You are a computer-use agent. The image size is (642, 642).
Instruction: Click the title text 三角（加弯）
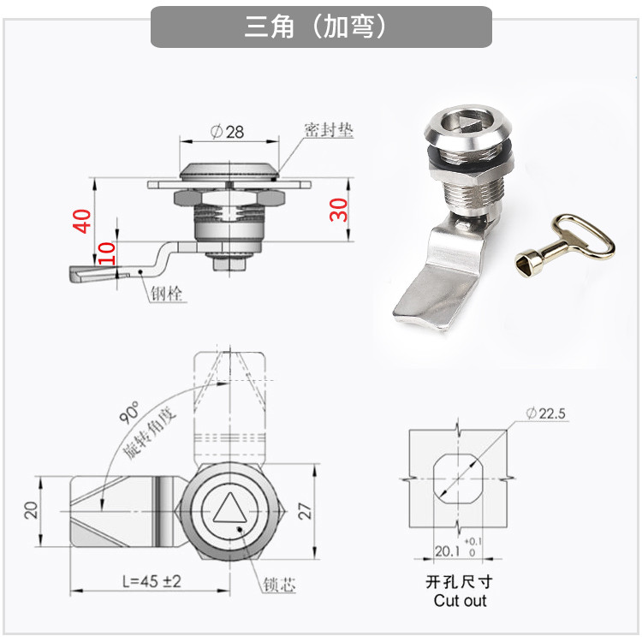click(x=315, y=27)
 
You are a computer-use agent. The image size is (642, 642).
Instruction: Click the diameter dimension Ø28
click(x=227, y=132)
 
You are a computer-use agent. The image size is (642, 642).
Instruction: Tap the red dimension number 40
click(x=82, y=221)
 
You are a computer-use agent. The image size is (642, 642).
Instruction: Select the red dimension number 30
click(x=339, y=210)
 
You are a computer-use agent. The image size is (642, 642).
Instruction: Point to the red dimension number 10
click(x=106, y=253)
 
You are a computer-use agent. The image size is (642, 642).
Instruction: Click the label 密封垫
click(x=329, y=130)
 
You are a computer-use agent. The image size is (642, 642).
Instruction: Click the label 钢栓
click(x=166, y=293)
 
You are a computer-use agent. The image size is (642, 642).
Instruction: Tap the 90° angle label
click(x=129, y=413)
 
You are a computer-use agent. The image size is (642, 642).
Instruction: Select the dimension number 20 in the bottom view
click(x=31, y=510)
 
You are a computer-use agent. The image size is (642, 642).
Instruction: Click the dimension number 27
click(x=305, y=511)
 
